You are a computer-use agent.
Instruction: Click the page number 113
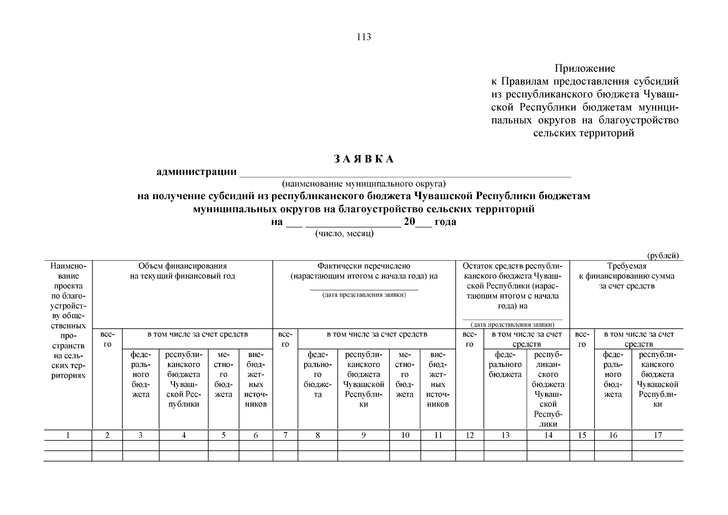363,37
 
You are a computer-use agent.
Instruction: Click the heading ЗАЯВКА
363,159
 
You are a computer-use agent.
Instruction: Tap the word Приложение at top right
584,69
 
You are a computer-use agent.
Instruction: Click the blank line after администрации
405,173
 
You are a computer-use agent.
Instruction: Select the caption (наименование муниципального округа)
363,184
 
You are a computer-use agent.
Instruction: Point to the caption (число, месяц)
344,233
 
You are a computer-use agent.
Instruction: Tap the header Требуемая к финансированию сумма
626,276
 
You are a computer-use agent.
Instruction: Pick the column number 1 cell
68,435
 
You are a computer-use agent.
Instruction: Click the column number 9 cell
363,435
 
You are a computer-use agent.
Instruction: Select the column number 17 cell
657,435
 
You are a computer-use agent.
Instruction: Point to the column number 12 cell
470,435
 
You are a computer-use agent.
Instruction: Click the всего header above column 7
285,339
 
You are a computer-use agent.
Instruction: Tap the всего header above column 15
582,339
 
